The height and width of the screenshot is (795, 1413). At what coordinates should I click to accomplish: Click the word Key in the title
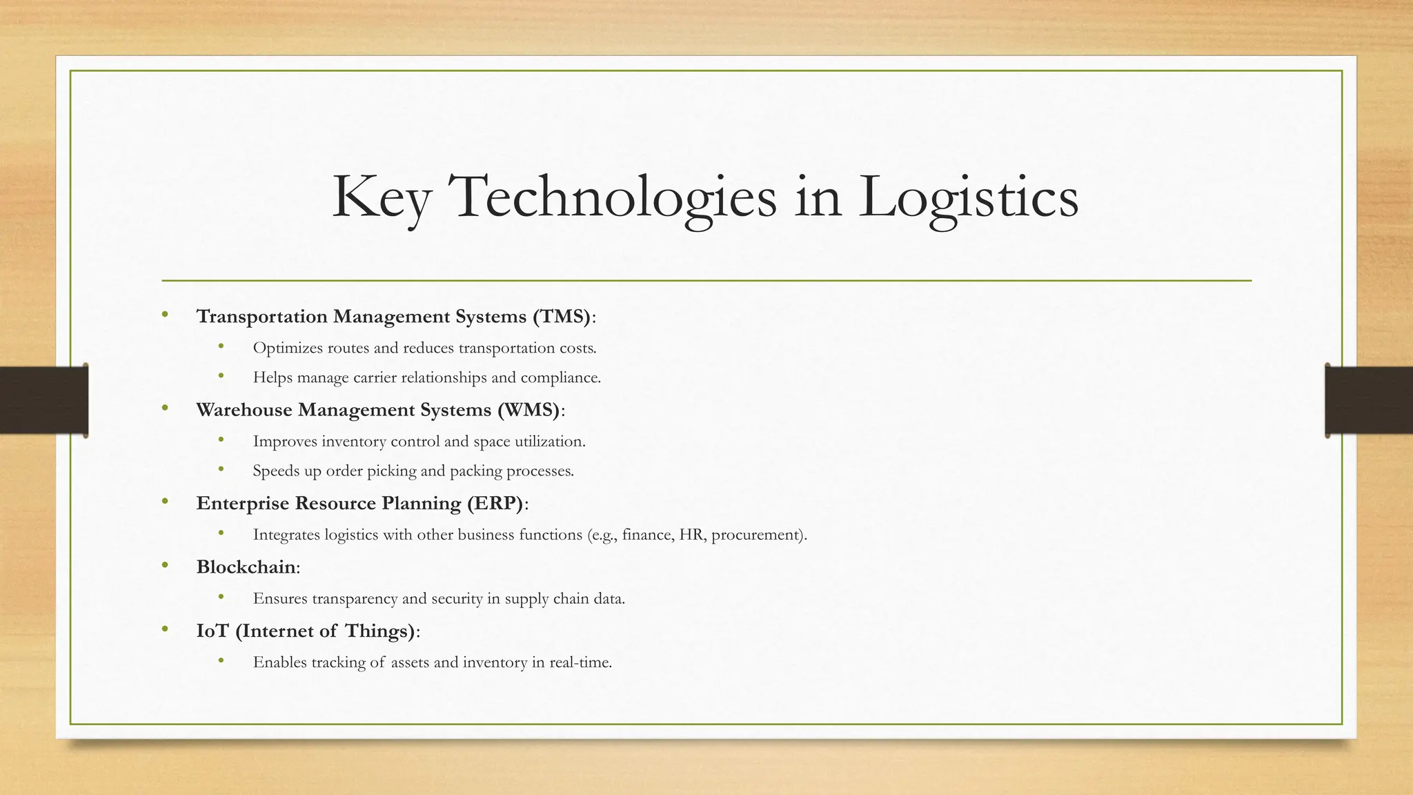382,197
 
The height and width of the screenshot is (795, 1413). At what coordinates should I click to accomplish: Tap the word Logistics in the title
968,197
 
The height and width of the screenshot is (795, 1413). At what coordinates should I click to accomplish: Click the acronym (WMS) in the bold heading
529,410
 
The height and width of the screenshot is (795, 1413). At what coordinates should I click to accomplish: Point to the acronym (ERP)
495,503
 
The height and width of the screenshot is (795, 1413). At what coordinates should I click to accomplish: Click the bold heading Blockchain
246,567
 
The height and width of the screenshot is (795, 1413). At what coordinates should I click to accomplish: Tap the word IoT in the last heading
212,631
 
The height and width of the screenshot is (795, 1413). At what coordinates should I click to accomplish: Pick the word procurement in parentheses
755,535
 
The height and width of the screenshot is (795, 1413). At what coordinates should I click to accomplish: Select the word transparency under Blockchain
355,598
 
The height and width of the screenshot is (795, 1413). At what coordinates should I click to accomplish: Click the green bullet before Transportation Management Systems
165,315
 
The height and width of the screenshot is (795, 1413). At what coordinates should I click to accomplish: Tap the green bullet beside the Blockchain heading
165,566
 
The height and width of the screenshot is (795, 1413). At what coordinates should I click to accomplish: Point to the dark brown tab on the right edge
1369,400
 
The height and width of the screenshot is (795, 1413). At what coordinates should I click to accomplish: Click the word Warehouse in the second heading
244,410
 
